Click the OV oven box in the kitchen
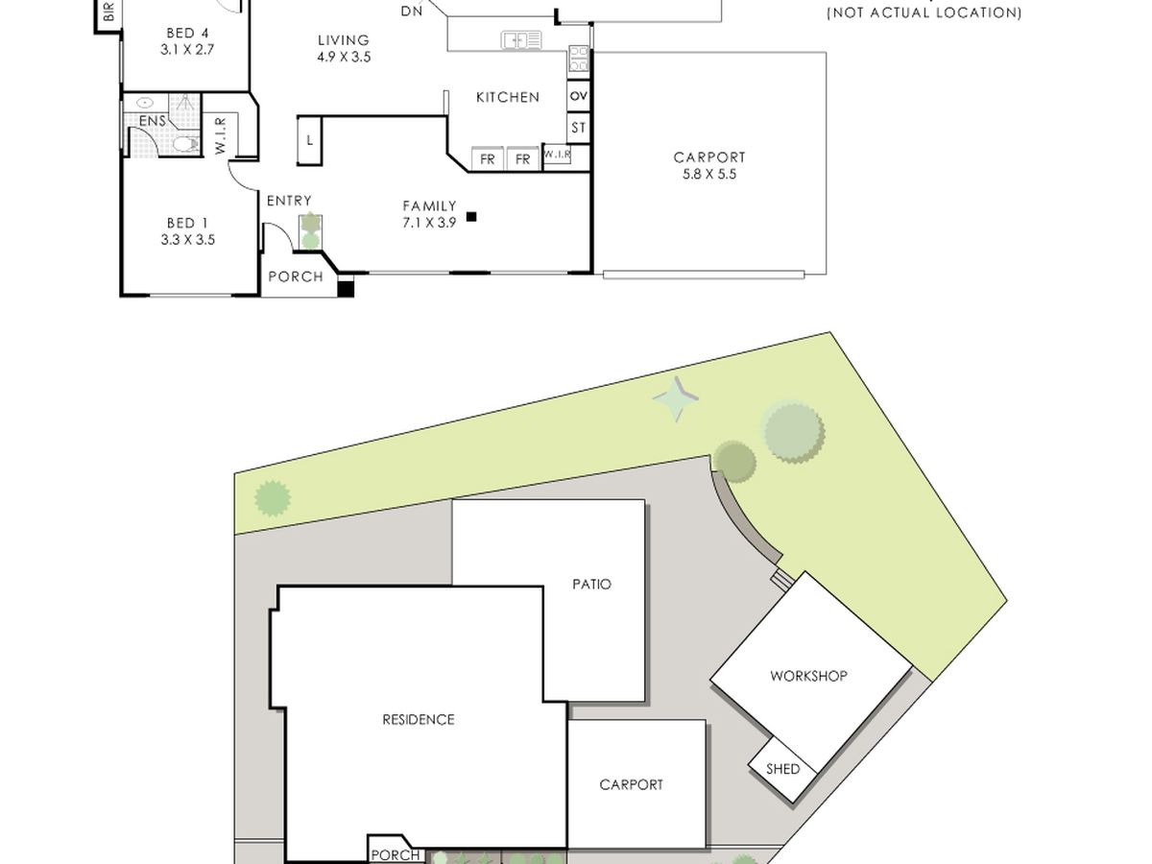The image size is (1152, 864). (578, 96)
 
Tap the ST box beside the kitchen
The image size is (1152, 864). (578, 128)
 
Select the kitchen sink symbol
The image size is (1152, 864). (521, 40)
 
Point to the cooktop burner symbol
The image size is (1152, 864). (579, 59)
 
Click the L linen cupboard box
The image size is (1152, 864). (310, 140)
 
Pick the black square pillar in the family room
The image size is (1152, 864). (471, 216)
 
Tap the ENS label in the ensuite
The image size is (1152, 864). (153, 121)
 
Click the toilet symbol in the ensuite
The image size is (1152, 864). (186, 144)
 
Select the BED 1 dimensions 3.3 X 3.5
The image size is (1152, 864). (188, 240)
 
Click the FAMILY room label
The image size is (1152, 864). (429, 205)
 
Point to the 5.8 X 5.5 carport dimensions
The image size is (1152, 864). (709, 174)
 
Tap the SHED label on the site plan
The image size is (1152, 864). (783, 769)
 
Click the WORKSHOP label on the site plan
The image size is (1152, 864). (808, 676)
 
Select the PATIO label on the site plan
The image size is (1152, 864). (591, 585)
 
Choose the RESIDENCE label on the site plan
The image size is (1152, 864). (419, 720)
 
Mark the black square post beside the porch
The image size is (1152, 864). (346, 289)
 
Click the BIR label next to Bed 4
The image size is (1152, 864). (109, 11)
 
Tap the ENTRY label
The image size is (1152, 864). (289, 201)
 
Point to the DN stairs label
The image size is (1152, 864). (412, 11)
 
